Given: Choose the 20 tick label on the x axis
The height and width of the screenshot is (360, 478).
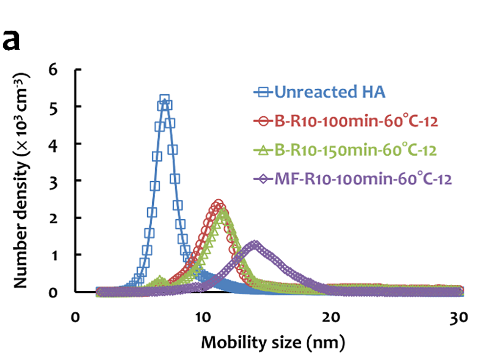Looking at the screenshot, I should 332,317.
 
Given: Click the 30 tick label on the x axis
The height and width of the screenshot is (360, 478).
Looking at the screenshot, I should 460,317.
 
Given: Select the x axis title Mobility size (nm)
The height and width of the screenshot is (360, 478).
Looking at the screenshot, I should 272,343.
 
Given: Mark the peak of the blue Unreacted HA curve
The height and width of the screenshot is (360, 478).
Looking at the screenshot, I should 165,100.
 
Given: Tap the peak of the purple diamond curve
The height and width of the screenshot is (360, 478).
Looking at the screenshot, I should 255,244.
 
